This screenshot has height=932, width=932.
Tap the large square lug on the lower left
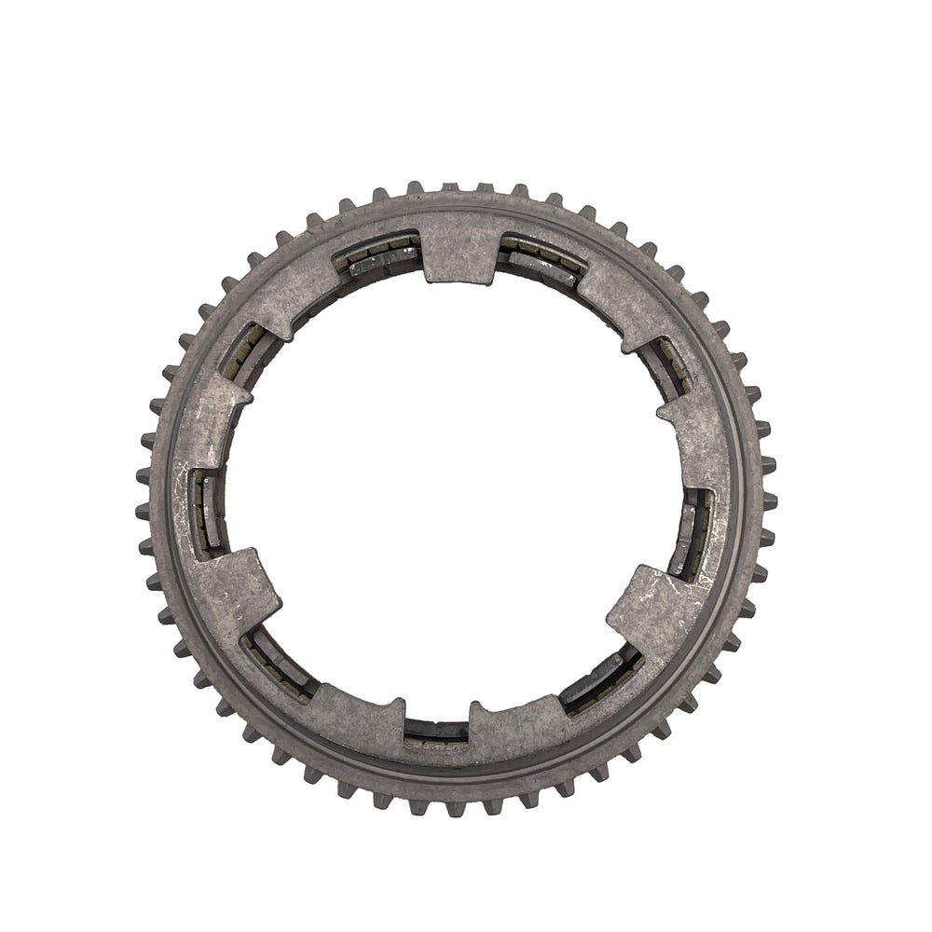[x=233, y=587]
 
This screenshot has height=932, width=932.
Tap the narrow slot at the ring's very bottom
[x=436, y=731]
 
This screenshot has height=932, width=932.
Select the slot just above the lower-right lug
[x=694, y=531]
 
